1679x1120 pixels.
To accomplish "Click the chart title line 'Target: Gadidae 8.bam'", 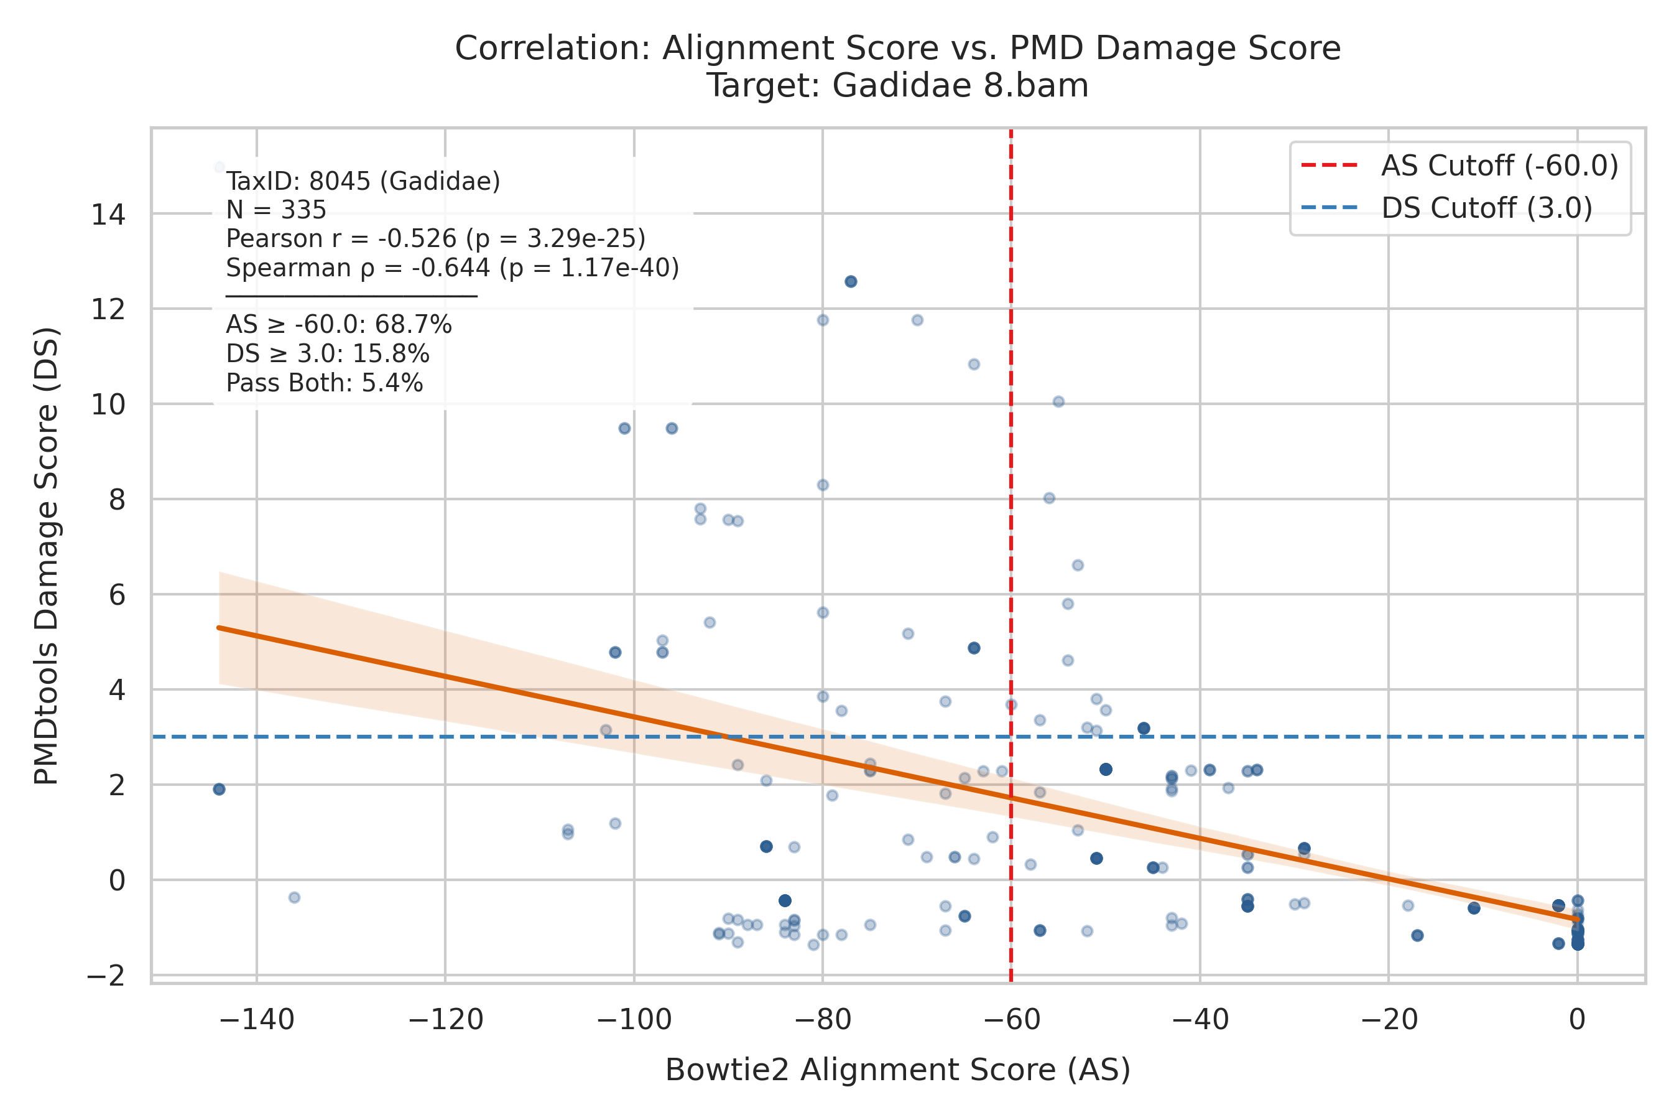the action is pos(897,86).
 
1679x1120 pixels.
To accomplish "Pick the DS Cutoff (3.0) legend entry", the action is pos(1446,208).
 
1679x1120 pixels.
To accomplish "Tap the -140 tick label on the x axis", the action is pos(256,1020).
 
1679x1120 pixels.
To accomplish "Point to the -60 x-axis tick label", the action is pos(1011,1020).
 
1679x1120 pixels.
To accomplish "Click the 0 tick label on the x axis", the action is pos(1578,1020).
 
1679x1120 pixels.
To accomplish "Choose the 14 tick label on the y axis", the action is pos(108,214).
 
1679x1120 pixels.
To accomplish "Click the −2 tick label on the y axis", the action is pos(106,976).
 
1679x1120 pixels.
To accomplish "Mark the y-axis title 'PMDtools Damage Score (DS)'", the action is pos(47,556).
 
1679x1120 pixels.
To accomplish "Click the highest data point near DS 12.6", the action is pos(851,281).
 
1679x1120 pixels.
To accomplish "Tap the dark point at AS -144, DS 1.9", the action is pos(219,789).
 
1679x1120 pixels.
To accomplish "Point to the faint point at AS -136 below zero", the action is pos(294,897).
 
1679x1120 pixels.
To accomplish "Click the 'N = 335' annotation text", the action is pos(276,210).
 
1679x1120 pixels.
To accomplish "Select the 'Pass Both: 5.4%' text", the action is pos(325,383).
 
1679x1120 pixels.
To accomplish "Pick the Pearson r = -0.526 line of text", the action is pos(436,238).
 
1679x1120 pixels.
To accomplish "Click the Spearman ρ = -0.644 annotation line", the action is pos(453,268).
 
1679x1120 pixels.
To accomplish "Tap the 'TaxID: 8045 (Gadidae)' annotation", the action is pos(363,182).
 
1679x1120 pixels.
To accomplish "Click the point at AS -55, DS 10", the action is pos(1058,401).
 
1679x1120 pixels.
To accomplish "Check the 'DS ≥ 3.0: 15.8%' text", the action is pos(328,354).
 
